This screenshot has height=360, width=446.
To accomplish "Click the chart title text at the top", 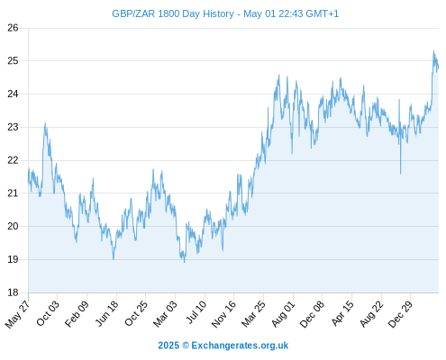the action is coord(225,13).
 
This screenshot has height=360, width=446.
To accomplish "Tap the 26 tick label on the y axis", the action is coord(13,28).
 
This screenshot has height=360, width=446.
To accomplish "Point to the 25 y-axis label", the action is coord(13,61).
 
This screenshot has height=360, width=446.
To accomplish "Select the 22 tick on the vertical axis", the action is coord(13,160).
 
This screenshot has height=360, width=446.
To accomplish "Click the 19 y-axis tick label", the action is coord(13,259).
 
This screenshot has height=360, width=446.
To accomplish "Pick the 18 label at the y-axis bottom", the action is coord(13,292).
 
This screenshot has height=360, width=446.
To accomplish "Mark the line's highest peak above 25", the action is coord(433,51).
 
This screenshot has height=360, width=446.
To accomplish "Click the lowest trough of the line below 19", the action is coord(185,263).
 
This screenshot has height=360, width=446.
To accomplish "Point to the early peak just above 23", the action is coord(45,122).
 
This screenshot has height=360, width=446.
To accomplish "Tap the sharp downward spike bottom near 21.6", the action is coord(400,174).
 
